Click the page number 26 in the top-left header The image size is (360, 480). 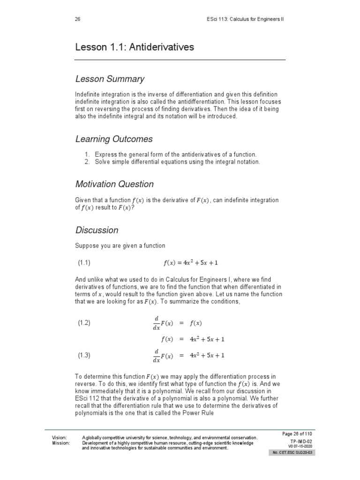[78, 19]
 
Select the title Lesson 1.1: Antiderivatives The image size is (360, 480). [135, 47]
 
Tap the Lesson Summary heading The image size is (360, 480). [110, 79]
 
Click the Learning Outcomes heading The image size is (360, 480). [114, 139]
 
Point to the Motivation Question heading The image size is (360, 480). [114, 184]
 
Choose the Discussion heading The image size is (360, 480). [97, 230]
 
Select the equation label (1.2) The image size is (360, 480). [84, 323]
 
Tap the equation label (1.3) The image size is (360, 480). [84, 355]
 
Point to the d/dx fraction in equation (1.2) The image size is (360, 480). [156, 323]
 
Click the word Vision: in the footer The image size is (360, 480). [60, 437]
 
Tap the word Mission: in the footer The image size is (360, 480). [61, 442]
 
